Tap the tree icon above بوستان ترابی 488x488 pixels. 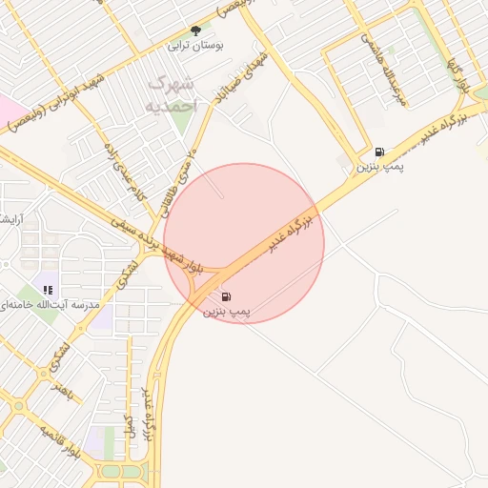pos(196,30)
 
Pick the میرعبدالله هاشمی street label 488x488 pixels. pos(383,69)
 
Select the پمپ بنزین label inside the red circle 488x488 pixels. pos(226,312)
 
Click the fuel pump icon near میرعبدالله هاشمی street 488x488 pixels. pos(380,152)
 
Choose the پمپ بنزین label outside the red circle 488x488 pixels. pos(379,167)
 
